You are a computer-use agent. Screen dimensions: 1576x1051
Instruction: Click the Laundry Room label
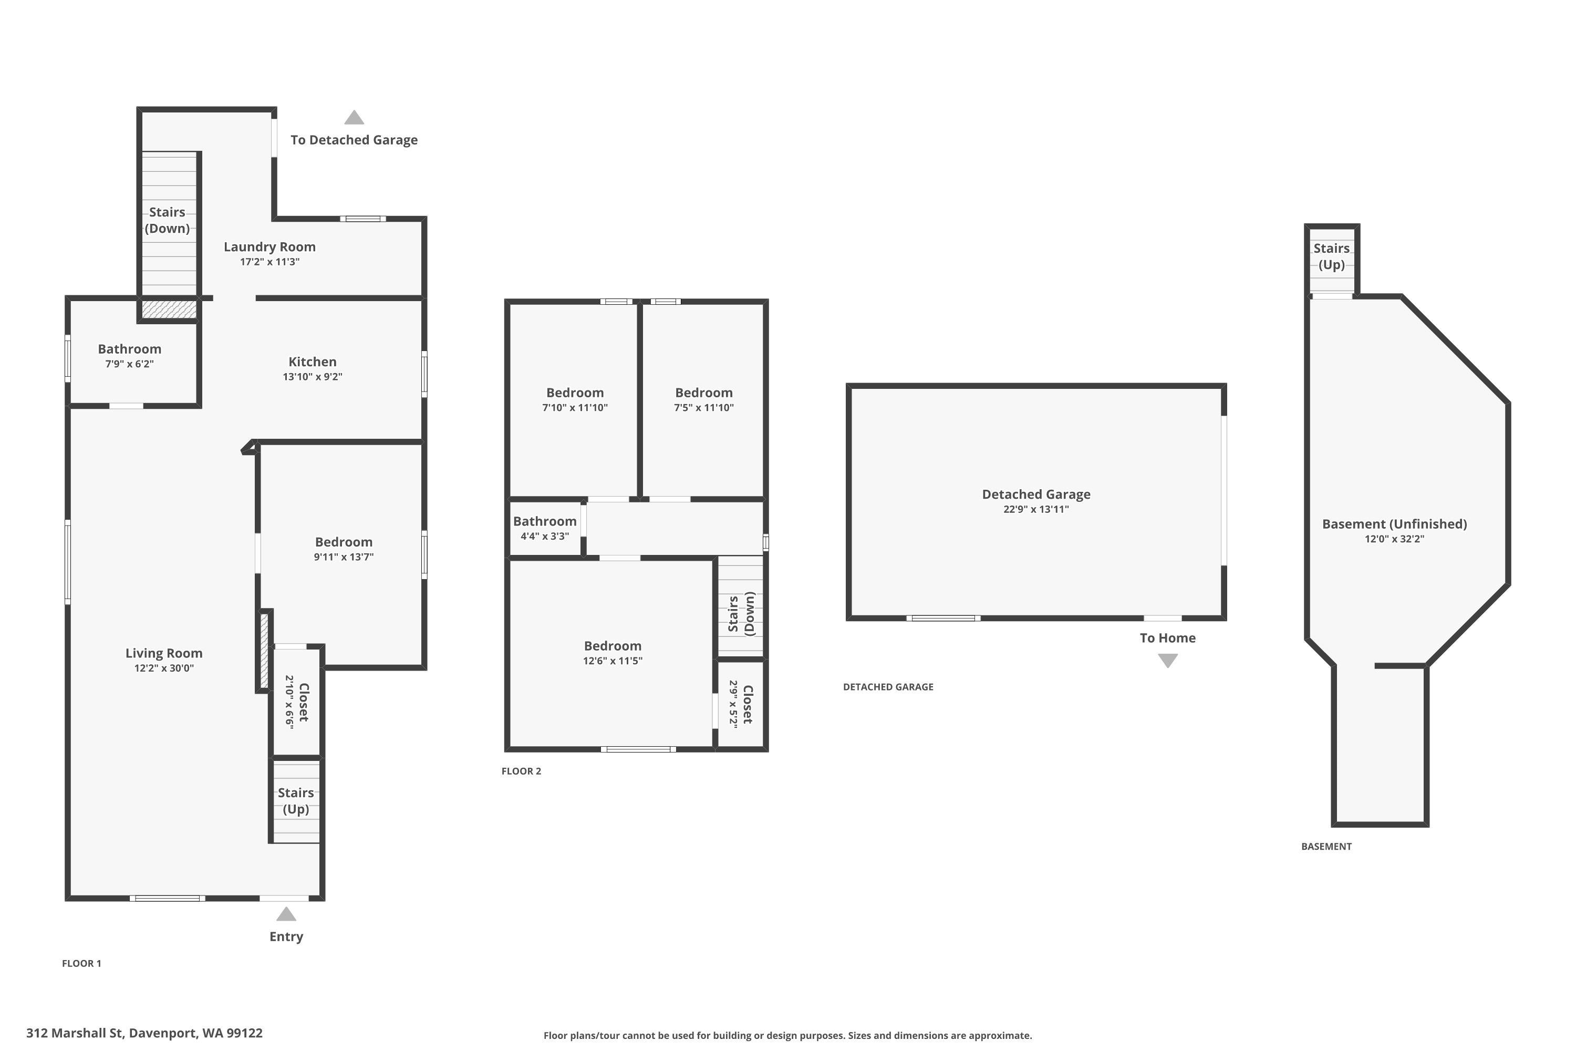(x=269, y=246)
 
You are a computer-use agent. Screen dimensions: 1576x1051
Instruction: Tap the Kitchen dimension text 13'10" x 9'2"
(x=312, y=377)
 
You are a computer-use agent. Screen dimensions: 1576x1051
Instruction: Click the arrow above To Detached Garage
(x=354, y=117)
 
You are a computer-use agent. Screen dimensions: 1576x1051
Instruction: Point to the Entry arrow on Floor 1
(x=286, y=914)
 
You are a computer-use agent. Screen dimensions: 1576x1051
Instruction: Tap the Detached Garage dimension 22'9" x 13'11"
(x=1036, y=509)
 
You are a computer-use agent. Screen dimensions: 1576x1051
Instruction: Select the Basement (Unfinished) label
(x=1394, y=524)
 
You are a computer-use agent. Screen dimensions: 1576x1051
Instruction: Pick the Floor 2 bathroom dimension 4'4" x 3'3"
(x=545, y=536)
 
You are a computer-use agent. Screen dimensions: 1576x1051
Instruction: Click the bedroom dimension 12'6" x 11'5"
(x=613, y=661)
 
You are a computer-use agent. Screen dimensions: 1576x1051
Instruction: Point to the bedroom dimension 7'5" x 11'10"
(x=703, y=408)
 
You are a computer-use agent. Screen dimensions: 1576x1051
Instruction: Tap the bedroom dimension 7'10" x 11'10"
(x=575, y=408)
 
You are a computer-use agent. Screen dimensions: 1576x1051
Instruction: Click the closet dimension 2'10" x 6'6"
(x=289, y=702)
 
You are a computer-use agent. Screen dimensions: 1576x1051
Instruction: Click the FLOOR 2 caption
(x=521, y=771)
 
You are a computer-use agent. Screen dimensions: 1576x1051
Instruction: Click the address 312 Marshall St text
(x=76, y=1033)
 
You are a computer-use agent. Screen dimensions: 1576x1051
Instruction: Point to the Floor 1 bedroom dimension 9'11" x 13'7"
(x=344, y=557)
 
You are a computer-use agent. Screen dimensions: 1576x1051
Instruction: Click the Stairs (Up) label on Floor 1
(x=295, y=801)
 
